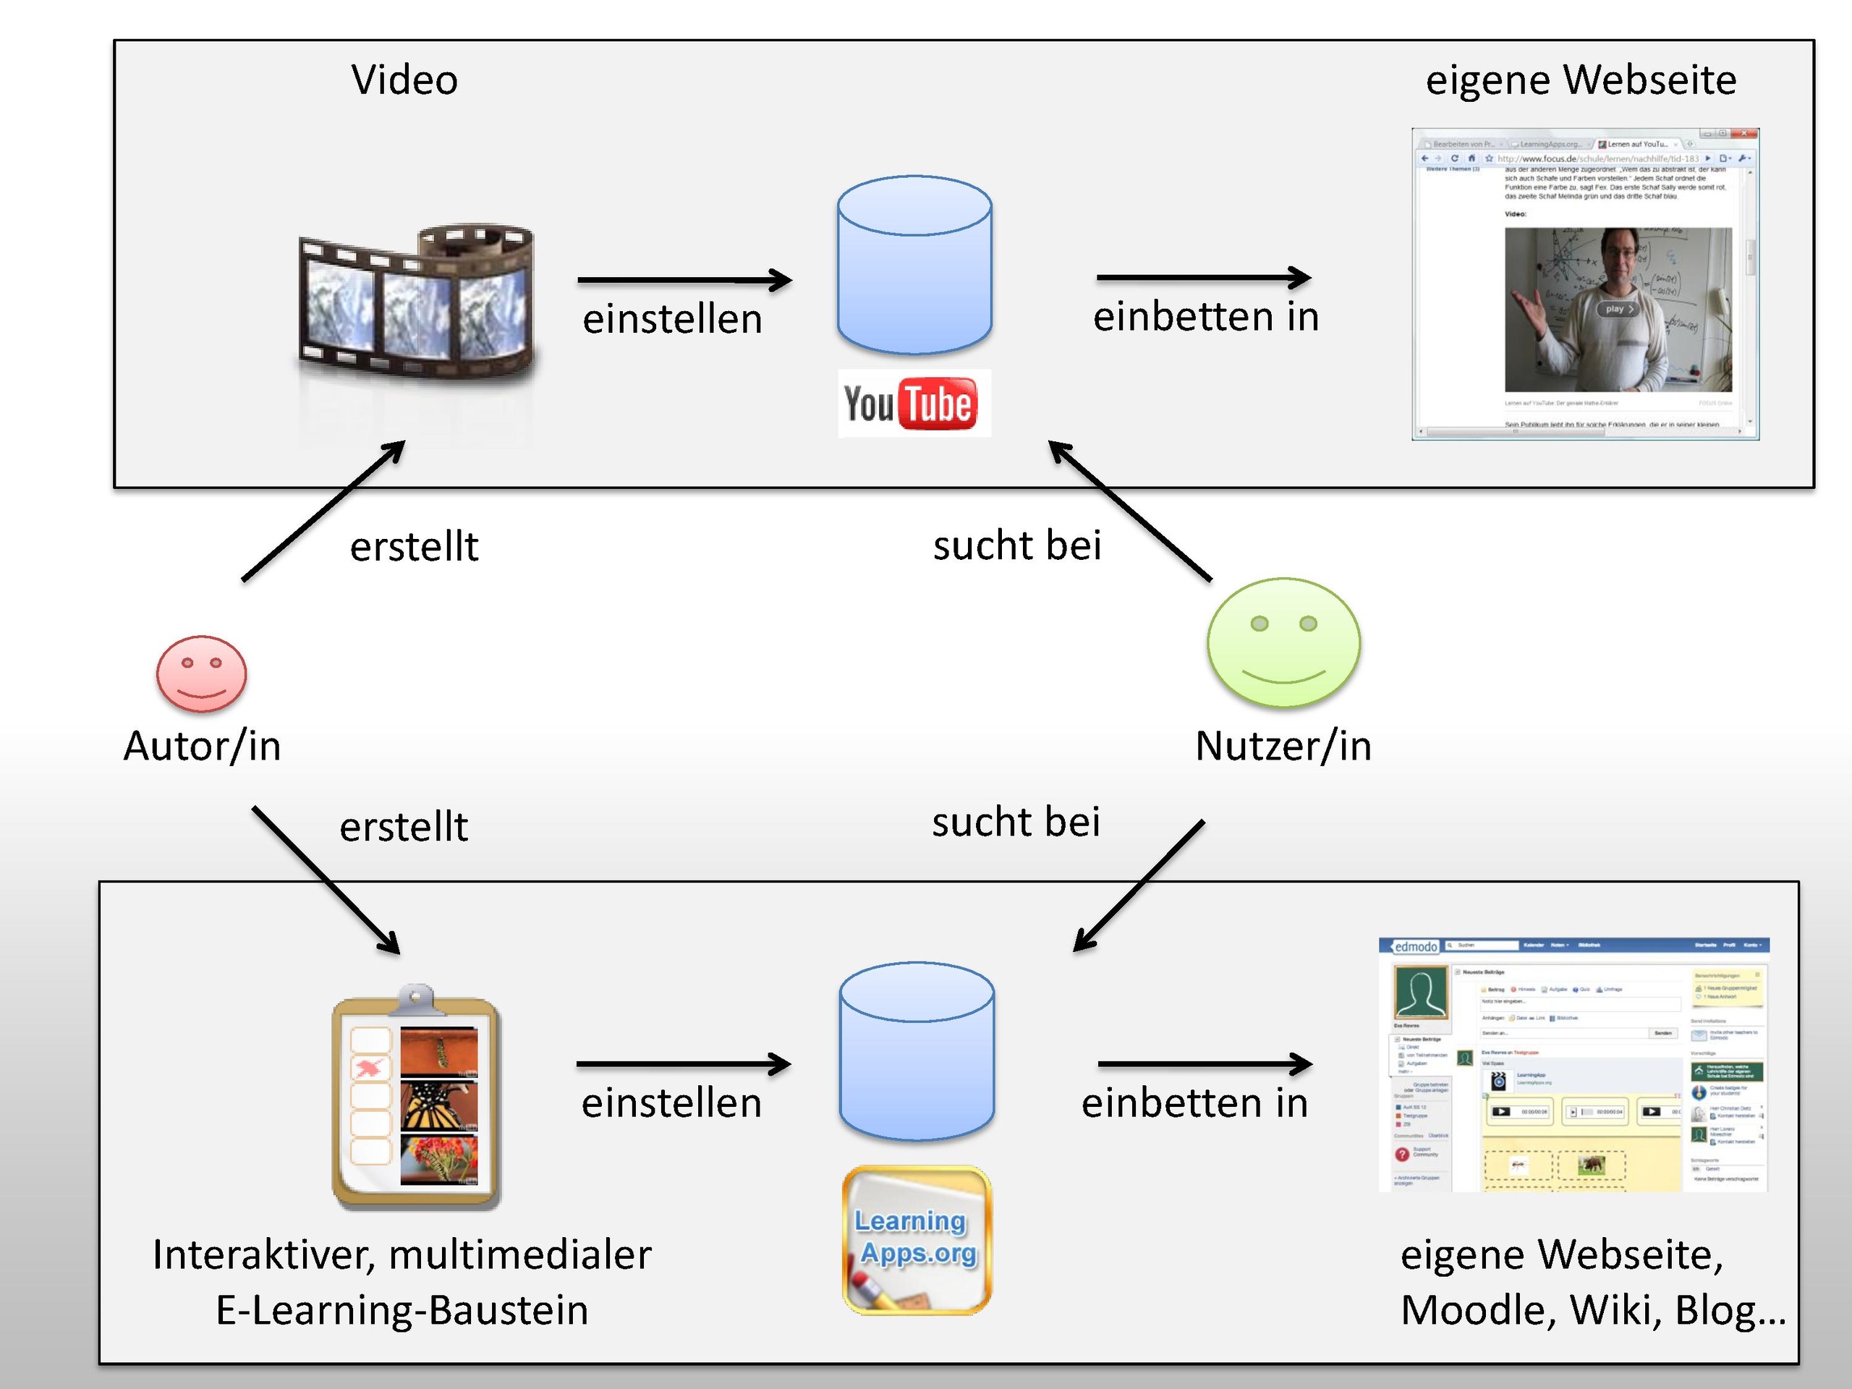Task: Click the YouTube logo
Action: click(x=914, y=404)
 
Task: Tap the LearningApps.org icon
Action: click(x=917, y=1240)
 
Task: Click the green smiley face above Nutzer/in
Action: click(x=1283, y=643)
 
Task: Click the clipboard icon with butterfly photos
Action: click(x=416, y=1097)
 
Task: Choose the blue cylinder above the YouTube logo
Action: click(x=914, y=265)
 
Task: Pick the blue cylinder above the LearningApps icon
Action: click(x=917, y=1052)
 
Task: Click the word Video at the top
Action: click(x=404, y=80)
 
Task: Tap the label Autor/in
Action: click(x=202, y=746)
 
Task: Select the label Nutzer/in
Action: click(x=1283, y=746)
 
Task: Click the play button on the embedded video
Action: click(x=1618, y=309)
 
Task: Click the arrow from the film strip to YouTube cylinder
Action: click(x=684, y=280)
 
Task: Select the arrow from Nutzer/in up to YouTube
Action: click(x=1129, y=510)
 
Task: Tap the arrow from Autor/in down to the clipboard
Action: click(x=326, y=880)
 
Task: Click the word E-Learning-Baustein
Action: click(x=402, y=1310)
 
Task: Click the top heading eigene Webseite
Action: click(x=1581, y=80)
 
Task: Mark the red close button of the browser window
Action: click(x=1746, y=134)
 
